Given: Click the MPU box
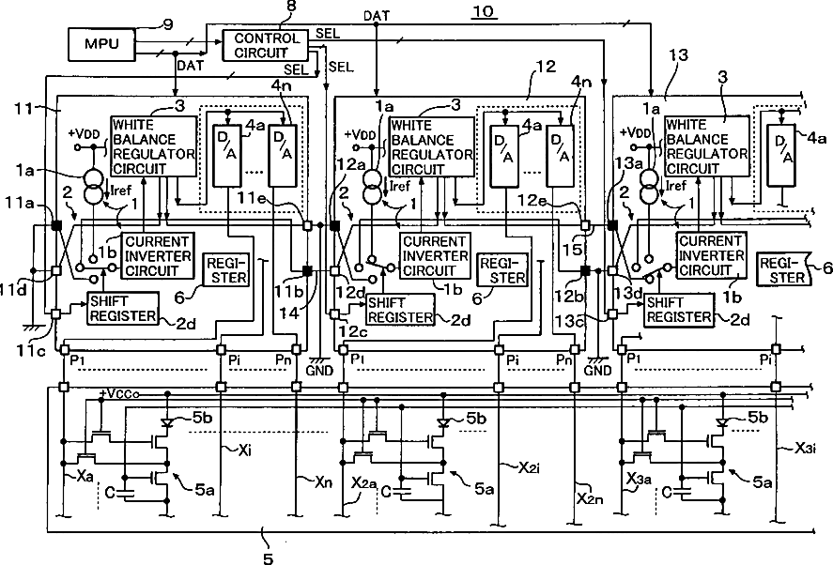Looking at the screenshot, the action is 102,43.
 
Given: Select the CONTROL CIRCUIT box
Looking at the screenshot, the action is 265,46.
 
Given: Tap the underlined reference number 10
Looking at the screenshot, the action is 483,11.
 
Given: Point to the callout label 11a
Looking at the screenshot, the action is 20,203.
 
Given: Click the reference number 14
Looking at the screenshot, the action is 289,313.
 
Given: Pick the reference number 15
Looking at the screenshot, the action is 572,249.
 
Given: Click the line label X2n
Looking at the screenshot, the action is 590,498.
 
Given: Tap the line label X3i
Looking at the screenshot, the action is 806,449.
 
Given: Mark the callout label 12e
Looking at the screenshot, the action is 532,201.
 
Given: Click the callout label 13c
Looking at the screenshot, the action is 568,321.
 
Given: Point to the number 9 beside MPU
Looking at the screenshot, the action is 167,24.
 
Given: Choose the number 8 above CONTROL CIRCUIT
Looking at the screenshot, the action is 291,7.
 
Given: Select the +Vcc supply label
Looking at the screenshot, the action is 119,393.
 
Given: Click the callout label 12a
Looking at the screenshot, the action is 350,164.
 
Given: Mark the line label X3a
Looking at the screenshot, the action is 639,479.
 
